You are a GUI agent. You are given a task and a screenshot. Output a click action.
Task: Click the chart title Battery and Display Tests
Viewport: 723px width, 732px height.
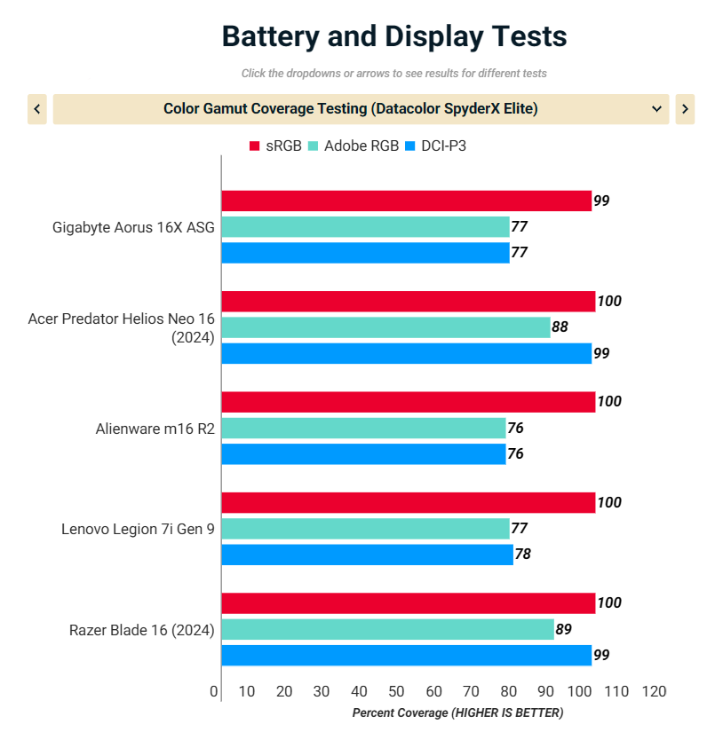pyautogui.click(x=393, y=36)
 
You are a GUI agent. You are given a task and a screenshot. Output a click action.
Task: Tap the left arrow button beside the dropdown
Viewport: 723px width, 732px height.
pyautogui.click(x=37, y=109)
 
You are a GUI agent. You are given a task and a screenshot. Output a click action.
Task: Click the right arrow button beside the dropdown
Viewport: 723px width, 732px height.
pyautogui.click(x=685, y=109)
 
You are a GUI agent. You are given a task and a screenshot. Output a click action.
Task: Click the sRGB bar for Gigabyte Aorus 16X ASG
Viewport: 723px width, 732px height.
pyautogui.click(x=406, y=201)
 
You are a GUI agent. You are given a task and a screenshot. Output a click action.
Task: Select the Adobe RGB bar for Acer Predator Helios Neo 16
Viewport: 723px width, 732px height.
pyautogui.click(x=385, y=327)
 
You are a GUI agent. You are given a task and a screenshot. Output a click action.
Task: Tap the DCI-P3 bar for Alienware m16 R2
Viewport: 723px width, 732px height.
pyautogui.click(x=363, y=454)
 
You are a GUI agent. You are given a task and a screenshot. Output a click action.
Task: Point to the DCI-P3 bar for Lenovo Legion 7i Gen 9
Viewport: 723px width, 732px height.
pyautogui.click(x=367, y=555)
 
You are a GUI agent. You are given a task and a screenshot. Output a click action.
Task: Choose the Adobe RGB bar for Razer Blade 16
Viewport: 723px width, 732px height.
pyautogui.click(x=387, y=630)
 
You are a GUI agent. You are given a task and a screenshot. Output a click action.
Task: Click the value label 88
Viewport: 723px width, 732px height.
pyautogui.click(x=560, y=327)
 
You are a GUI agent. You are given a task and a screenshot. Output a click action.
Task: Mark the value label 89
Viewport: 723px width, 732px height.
pyautogui.click(x=563, y=630)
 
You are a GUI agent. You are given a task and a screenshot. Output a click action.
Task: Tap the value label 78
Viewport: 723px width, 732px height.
pyautogui.click(x=522, y=555)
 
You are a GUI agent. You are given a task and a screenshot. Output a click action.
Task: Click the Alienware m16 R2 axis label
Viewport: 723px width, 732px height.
pyautogui.click(x=155, y=429)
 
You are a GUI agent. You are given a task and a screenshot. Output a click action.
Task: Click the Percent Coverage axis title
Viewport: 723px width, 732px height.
pyautogui.click(x=457, y=712)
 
